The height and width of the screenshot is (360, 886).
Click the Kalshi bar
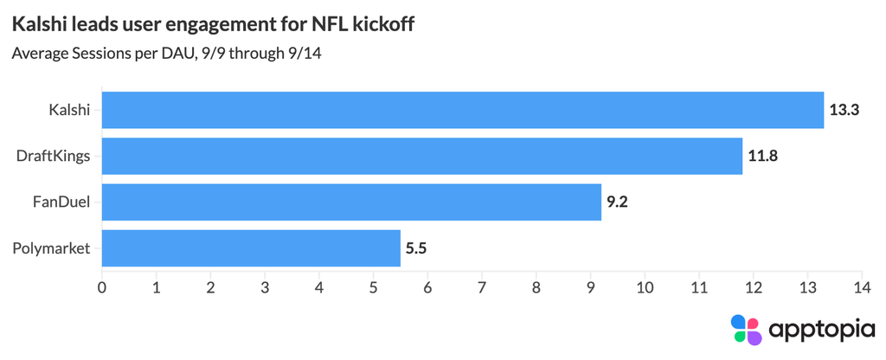463,110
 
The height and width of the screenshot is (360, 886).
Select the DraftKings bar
422,156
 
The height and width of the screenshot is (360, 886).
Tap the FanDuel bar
351,202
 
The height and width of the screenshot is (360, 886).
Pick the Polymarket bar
252,248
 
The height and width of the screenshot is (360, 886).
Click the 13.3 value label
844,110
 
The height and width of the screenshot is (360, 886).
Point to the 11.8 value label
763,156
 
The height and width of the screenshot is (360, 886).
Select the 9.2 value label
617,202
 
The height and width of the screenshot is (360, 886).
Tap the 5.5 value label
416,248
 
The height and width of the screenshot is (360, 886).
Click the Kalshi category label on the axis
69,110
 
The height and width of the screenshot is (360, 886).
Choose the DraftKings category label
55,157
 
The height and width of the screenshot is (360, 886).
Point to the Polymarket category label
51,248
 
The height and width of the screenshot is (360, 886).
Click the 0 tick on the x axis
102,287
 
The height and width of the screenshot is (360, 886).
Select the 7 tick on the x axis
482,287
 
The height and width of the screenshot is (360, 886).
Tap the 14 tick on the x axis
862,287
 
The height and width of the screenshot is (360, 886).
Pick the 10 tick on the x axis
645,287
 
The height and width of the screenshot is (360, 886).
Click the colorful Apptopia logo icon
747,330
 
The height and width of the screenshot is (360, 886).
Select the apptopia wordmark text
822,330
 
